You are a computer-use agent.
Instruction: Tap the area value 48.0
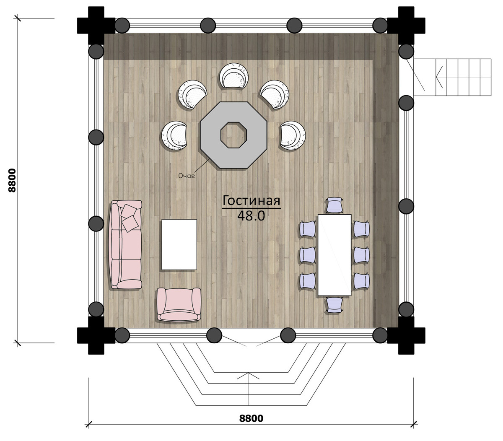tap(251, 216)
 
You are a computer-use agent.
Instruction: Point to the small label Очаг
tap(186, 176)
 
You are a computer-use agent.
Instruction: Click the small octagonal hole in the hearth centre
tap(233, 135)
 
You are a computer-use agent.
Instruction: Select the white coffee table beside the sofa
tap(179, 244)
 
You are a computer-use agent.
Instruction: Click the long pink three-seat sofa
tap(126, 244)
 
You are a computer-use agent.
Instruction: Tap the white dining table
tap(334, 255)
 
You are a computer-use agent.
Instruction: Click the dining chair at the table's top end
tap(334, 205)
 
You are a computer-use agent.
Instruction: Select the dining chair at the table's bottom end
tap(334, 305)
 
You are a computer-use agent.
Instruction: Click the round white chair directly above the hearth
tap(233, 75)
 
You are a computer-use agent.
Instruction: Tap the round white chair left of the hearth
tap(174, 136)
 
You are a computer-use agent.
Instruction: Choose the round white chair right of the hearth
tap(293, 136)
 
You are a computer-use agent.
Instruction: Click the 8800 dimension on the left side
tap(12, 181)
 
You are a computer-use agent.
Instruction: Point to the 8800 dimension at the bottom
tap(251, 418)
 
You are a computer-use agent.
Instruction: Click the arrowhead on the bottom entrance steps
tap(248, 375)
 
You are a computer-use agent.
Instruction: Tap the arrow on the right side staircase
tap(439, 77)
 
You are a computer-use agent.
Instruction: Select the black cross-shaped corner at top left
tap(96, 25)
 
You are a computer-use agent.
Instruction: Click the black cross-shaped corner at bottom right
tap(406, 335)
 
